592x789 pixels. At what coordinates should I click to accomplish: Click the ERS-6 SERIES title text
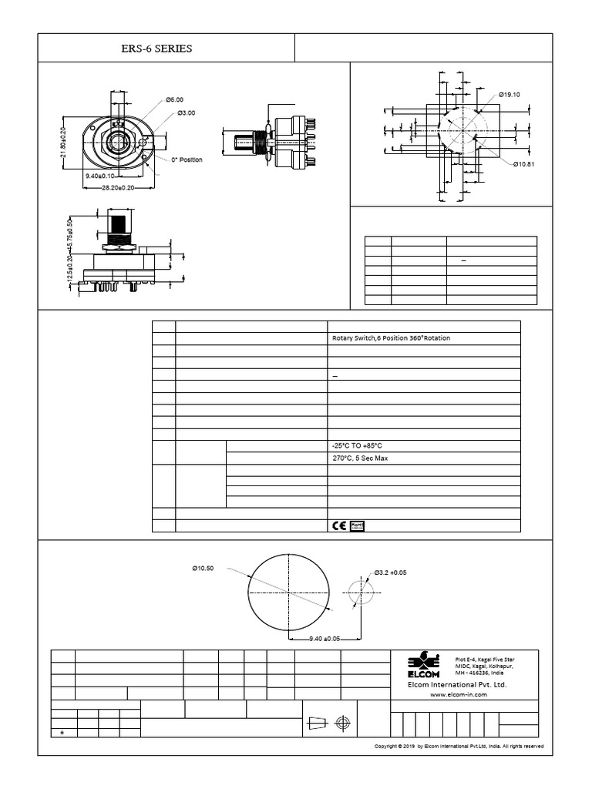pyautogui.click(x=157, y=49)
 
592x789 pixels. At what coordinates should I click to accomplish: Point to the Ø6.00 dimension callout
pyautogui.click(x=174, y=100)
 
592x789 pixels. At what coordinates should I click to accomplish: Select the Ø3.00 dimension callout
pyautogui.click(x=186, y=112)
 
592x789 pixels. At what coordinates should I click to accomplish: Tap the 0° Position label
pyautogui.click(x=187, y=159)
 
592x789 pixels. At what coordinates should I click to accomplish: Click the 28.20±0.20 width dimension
pyautogui.click(x=109, y=187)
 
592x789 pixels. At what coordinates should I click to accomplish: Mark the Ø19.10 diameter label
pyautogui.click(x=509, y=94)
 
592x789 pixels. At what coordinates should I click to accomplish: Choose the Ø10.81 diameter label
pyautogui.click(x=524, y=164)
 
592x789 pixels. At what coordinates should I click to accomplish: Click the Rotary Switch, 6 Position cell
pyautogui.click(x=390, y=338)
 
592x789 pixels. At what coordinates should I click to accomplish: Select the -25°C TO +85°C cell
pyautogui.click(x=356, y=446)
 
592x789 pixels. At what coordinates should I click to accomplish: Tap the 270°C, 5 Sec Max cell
pyautogui.click(x=359, y=458)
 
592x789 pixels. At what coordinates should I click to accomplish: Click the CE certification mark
pyautogui.click(x=339, y=526)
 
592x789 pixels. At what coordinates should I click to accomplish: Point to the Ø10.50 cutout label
pyautogui.click(x=203, y=569)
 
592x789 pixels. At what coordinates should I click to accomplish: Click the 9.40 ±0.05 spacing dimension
pyautogui.click(x=324, y=639)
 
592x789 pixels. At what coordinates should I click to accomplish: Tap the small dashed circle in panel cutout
pyautogui.click(x=360, y=593)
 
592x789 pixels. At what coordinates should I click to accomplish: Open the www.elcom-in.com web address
pyautogui.click(x=459, y=694)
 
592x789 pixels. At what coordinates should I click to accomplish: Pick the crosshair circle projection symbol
pyautogui.click(x=343, y=723)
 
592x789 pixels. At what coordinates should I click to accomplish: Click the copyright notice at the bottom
pyautogui.click(x=459, y=747)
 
